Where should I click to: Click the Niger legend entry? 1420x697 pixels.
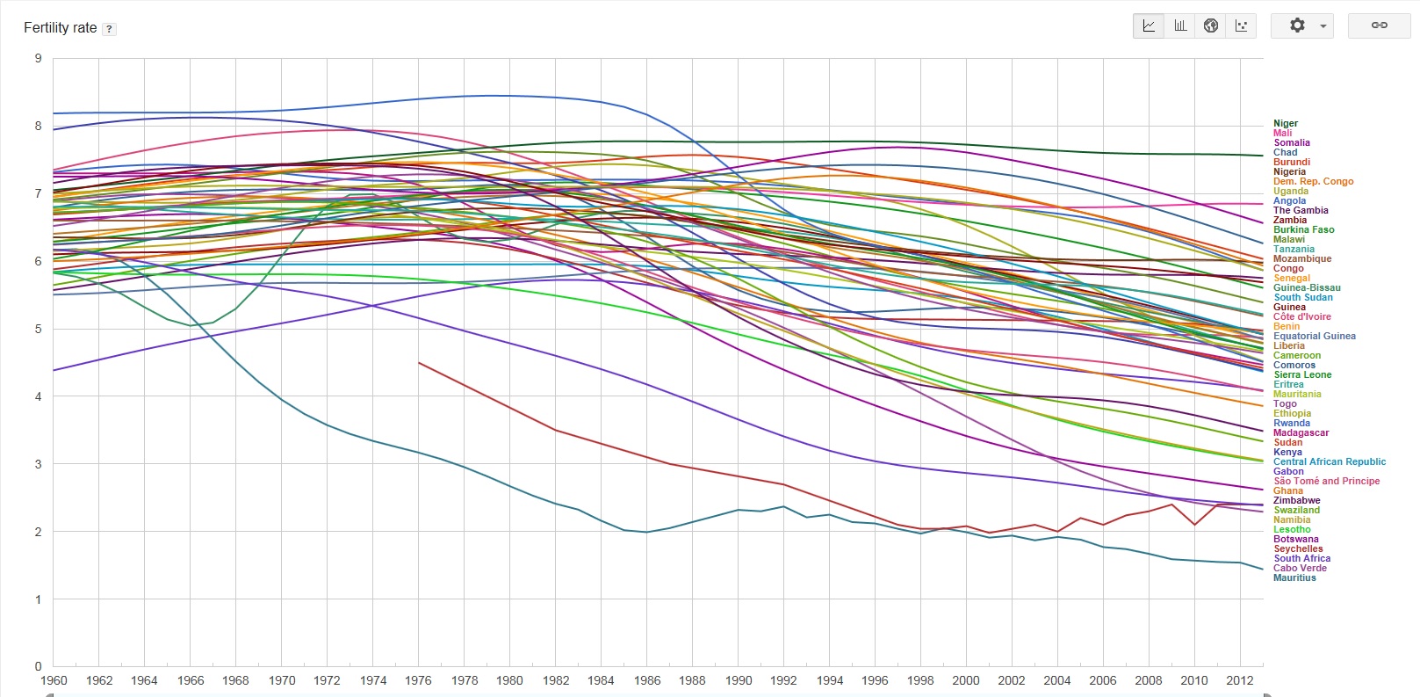click(1285, 124)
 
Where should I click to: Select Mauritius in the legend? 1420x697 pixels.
click(1294, 578)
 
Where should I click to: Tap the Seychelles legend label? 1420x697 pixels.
click(1298, 549)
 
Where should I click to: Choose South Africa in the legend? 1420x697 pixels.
click(1301, 559)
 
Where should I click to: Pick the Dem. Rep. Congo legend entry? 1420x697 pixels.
click(1313, 182)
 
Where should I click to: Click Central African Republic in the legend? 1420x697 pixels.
click(1330, 462)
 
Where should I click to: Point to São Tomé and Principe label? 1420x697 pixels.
click(1326, 482)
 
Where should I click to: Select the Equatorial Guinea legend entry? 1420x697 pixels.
click(1314, 337)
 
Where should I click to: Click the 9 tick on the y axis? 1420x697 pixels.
click(38, 59)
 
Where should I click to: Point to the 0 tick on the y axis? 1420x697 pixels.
click(38, 667)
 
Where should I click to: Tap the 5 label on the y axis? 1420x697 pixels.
click(38, 330)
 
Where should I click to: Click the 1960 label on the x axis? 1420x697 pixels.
click(54, 680)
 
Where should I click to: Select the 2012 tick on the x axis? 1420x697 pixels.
click(1239, 680)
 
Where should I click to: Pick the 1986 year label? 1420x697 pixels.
click(646, 680)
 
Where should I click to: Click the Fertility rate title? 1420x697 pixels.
click(60, 28)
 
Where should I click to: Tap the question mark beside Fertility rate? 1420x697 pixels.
click(109, 29)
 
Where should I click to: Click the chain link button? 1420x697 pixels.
click(1379, 25)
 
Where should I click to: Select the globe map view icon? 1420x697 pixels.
click(1210, 25)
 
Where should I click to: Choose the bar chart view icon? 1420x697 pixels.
click(1179, 25)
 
